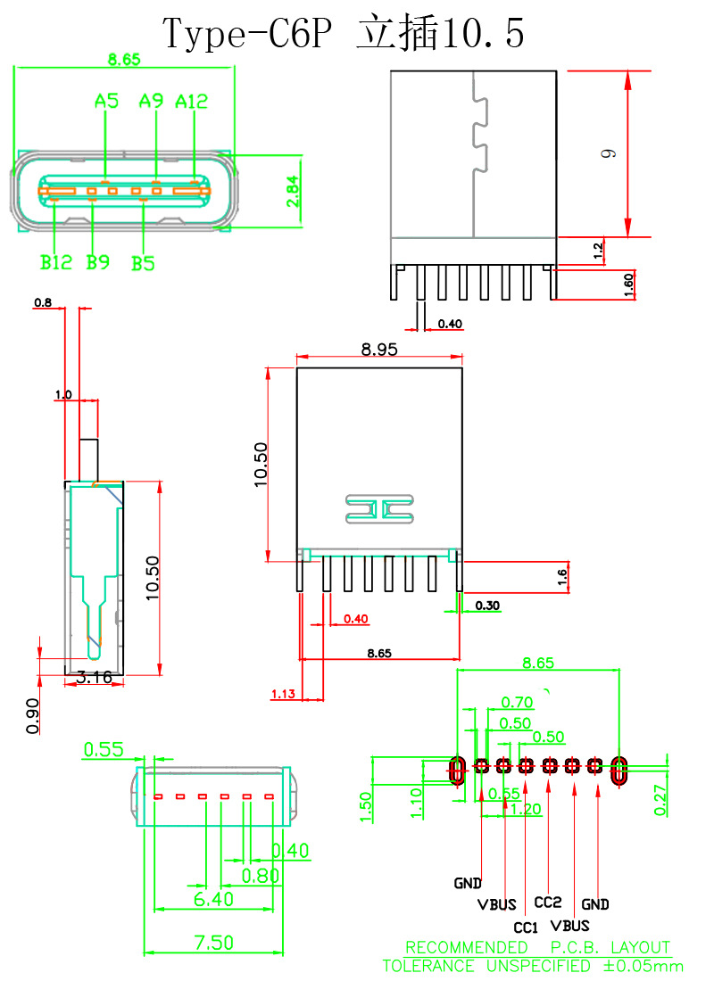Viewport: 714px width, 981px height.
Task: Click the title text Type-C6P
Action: coord(249,34)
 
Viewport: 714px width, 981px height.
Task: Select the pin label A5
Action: coord(106,102)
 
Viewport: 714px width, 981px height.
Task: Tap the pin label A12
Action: coord(192,102)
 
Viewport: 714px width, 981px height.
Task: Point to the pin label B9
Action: coord(97,263)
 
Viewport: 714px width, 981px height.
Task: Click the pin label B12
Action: coord(55,263)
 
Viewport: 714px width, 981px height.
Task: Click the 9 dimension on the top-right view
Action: coord(609,153)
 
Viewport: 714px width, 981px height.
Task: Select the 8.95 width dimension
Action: coord(379,350)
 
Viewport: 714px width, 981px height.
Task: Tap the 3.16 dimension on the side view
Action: coord(94,678)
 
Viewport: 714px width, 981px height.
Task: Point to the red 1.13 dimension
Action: coord(283,694)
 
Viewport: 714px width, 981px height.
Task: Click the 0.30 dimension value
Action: coord(487,606)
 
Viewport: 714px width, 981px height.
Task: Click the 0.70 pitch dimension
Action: coord(517,703)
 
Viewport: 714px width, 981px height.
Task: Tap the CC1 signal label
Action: coord(526,927)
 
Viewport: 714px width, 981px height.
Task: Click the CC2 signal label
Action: coord(548,903)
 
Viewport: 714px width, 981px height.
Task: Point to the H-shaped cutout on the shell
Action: coord(379,509)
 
